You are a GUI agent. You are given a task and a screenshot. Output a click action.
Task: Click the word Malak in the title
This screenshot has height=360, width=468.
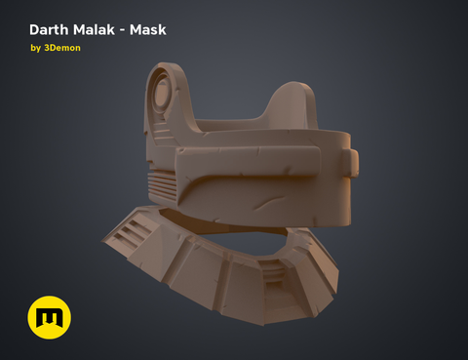101,29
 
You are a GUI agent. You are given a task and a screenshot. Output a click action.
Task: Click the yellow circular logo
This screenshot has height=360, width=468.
50,318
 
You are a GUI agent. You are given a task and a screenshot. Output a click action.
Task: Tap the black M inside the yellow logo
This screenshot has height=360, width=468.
50,319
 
